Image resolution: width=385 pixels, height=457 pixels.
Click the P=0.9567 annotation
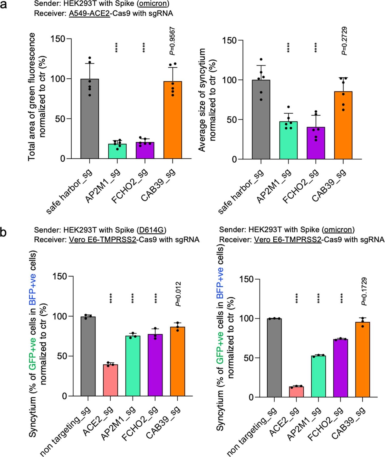pos(172,41)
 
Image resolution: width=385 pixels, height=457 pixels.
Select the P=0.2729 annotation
pos(344,41)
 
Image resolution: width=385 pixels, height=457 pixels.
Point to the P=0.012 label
pos(178,294)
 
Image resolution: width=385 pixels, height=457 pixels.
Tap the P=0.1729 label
pos(364,291)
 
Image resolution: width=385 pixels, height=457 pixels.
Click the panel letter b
pos(4,232)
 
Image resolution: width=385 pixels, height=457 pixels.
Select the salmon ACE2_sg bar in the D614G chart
pos(110,380)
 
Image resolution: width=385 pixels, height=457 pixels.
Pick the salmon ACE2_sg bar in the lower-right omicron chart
pos(296,392)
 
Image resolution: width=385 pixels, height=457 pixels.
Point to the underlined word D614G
pos(151,230)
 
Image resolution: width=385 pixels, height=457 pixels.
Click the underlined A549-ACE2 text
pos(89,13)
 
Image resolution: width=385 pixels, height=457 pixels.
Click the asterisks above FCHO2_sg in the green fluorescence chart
pos(144,48)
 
